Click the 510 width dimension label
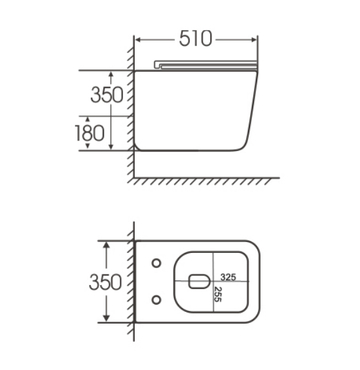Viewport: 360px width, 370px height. coord(196,38)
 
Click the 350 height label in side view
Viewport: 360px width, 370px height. coord(107,95)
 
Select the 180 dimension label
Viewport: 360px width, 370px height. coord(90,133)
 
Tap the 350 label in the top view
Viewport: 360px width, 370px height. coord(105,282)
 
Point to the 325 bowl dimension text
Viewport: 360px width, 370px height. coord(228,277)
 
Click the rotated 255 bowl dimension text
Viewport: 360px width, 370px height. coord(217,294)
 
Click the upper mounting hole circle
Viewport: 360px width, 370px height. coord(156,263)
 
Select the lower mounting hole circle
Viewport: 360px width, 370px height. coord(156,299)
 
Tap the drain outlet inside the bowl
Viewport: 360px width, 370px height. coord(200,281)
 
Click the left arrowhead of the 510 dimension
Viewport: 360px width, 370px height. coord(138,40)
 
